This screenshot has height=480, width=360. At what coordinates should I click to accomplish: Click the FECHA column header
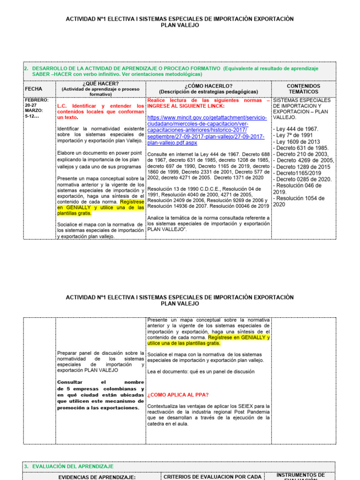[34, 89]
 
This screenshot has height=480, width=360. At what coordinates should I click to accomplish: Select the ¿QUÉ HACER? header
[100, 83]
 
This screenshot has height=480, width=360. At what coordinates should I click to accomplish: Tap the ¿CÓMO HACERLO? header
[208, 86]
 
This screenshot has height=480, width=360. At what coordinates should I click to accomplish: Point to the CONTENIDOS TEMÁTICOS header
[303, 89]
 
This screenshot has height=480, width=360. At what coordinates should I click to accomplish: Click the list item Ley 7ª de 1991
[294, 135]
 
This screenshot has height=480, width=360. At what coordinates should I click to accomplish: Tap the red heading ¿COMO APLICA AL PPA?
[178, 395]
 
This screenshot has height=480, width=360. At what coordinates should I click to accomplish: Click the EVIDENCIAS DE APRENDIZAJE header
[96, 477]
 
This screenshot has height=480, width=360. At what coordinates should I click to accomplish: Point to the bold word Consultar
[69, 382]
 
